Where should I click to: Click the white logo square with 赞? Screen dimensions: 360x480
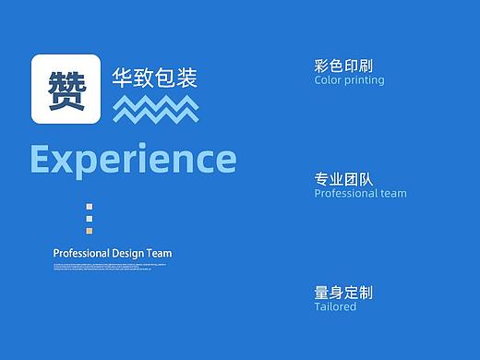tap(66, 90)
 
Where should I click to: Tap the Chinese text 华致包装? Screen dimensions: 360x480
tap(154, 78)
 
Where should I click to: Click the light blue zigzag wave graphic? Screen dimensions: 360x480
tap(155, 109)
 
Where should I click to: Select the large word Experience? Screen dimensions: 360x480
tap(133, 160)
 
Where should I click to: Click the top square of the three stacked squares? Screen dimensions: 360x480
tap(89, 207)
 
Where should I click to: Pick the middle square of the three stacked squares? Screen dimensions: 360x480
tap(89, 220)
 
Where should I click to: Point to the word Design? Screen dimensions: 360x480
tap(127, 253)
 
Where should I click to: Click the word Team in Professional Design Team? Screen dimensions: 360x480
tap(159, 253)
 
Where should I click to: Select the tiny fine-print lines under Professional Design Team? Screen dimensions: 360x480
tap(110, 266)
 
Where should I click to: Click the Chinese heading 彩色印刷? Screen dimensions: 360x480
tap(343, 66)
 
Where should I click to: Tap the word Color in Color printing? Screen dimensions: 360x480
tap(328, 80)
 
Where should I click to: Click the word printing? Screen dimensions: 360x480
tap(365, 80)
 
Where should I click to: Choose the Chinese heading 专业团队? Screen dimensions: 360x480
tap(343, 179)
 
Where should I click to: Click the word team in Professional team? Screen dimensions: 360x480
tap(392, 194)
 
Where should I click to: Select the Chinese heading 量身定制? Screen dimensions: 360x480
tap(343, 292)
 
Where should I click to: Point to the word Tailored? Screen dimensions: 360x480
tap(335, 306)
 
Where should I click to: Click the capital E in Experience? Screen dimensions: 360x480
tap(42, 160)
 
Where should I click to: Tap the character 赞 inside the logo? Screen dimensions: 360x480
tap(66, 90)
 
